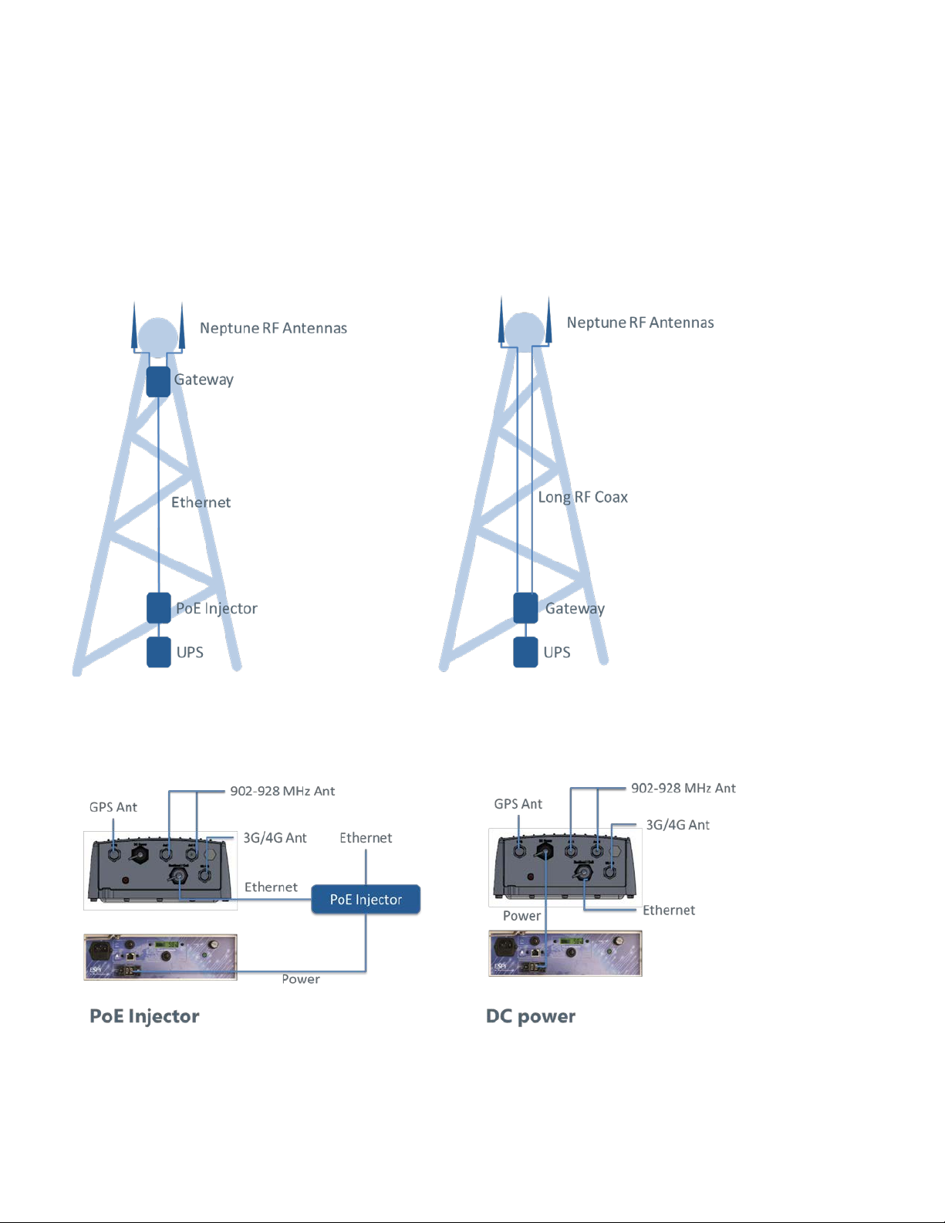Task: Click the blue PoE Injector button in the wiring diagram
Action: [366, 899]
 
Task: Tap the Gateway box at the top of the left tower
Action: [159, 382]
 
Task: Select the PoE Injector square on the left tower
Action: [159, 608]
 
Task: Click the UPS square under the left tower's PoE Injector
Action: [159, 652]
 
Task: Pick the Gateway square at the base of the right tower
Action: [525, 608]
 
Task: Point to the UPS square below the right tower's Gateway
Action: [525, 652]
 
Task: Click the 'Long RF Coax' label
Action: [582, 498]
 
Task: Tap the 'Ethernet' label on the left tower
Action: [201, 502]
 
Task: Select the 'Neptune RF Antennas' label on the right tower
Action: [640, 323]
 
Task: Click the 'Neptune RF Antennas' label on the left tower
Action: [273, 328]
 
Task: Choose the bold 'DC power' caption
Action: [531, 1016]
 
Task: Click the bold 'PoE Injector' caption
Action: [144, 1016]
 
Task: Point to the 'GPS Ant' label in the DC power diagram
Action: [518, 804]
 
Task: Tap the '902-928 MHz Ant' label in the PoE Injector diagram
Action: [282, 791]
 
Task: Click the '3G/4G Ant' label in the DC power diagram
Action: [677, 825]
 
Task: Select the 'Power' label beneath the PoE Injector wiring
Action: [301, 979]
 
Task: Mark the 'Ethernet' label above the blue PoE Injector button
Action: [366, 838]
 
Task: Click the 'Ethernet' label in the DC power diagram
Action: [669, 910]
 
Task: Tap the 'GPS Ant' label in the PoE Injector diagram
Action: [113, 807]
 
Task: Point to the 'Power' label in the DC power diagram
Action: [521, 916]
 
